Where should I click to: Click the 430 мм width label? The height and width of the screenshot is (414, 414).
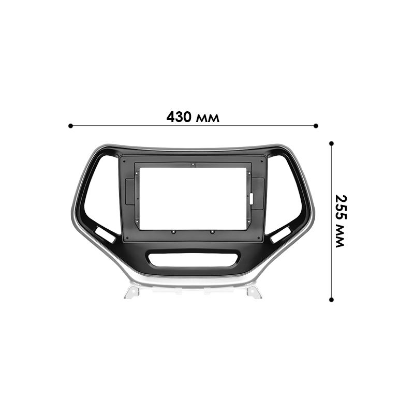(193, 117)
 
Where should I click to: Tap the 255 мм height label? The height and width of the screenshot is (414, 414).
(339, 221)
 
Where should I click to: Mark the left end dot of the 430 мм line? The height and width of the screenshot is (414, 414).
(70, 125)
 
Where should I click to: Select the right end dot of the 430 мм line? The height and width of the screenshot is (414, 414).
(316, 125)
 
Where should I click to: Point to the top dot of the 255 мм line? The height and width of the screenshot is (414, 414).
(331, 142)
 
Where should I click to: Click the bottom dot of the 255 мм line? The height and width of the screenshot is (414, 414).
(331, 299)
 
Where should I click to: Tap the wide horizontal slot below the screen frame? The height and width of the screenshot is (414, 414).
(193, 259)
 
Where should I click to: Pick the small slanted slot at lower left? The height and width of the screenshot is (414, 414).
(106, 234)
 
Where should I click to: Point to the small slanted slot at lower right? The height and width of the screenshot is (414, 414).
(280, 234)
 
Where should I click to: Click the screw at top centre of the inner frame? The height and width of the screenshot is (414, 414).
(193, 165)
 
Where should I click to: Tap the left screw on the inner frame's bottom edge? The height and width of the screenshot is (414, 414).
(174, 231)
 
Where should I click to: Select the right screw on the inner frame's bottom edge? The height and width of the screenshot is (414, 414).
(212, 231)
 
